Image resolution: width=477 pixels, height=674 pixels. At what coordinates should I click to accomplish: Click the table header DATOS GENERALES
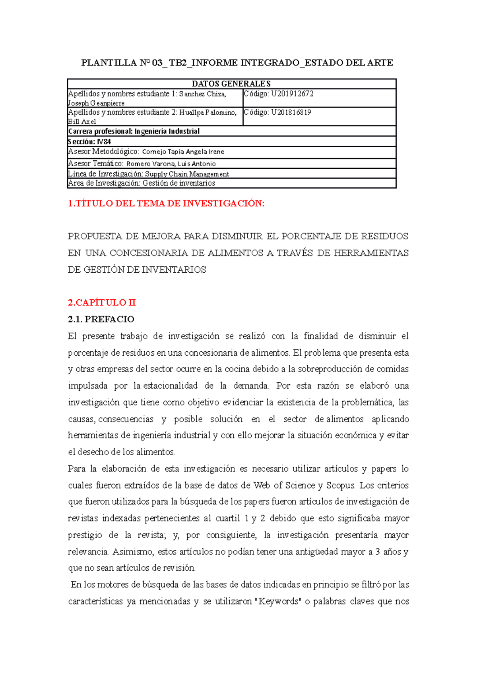tap(231, 84)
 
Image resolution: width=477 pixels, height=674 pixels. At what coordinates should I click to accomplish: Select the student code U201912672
tap(292, 94)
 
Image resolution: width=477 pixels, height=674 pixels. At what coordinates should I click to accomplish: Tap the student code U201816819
tap(291, 112)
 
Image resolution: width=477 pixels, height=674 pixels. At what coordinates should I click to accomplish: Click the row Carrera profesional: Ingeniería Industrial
tap(134, 131)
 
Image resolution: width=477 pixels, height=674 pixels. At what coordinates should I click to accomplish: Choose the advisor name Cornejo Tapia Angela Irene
tap(183, 152)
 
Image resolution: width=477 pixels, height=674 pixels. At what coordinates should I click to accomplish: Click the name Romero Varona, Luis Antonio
tap(171, 164)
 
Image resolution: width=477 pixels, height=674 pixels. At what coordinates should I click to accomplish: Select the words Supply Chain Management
tap(187, 174)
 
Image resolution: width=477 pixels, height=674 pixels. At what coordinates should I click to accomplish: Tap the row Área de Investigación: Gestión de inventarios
tap(142, 183)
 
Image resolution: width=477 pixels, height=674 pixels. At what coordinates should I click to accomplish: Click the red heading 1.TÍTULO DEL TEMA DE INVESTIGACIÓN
tap(166, 204)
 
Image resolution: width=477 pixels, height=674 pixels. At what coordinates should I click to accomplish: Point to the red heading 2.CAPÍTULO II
tap(102, 302)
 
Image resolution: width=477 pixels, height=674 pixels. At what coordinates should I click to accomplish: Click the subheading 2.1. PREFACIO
tap(101, 319)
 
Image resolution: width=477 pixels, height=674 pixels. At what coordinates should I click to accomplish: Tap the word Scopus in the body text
tap(340, 485)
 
